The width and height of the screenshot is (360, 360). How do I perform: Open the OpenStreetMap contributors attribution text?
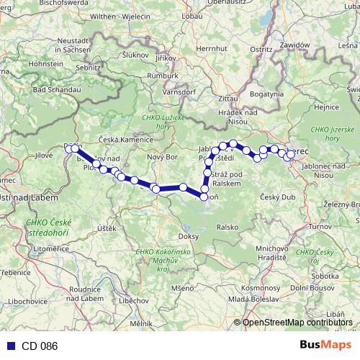click(x=297, y=323)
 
